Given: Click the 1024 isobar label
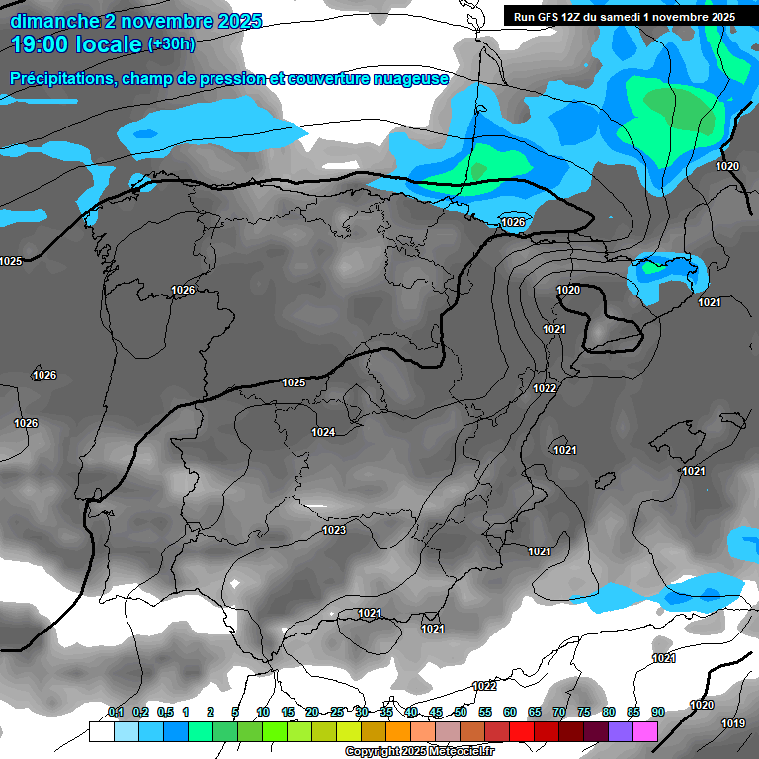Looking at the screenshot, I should [x=323, y=432].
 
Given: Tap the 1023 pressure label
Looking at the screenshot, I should [x=334, y=530].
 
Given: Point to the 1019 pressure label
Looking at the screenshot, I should [x=732, y=723].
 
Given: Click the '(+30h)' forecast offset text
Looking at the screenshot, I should [x=171, y=43].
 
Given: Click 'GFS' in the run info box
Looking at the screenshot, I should [x=551, y=17].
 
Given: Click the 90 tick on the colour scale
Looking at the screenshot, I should [x=657, y=712].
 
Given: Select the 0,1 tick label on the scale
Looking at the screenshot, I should [x=116, y=712].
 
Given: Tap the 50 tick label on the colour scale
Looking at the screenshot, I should [x=461, y=712].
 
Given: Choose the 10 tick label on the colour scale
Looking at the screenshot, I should [x=263, y=712].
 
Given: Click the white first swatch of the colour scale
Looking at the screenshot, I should [x=101, y=731].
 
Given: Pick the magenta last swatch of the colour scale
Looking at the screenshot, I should [x=645, y=731].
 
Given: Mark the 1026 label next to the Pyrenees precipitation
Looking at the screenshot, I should [x=512, y=222].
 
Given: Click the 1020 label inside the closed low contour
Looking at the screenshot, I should [x=568, y=290].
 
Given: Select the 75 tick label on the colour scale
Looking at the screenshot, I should [x=583, y=712].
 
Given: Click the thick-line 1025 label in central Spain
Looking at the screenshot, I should [x=294, y=382].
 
